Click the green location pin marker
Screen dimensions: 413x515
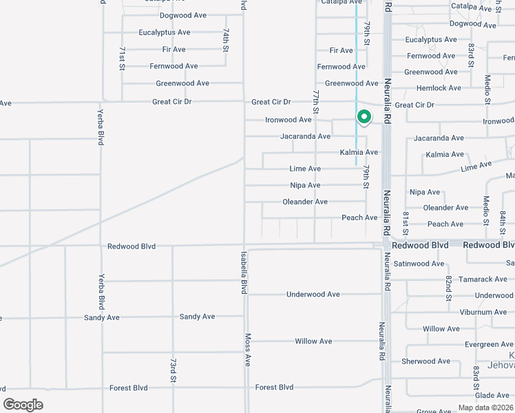click(x=364, y=118)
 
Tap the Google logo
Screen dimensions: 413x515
click(x=23, y=405)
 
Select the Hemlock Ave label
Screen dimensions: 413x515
click(x=439, y=88)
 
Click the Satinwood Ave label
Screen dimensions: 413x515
click(x=419, y=264)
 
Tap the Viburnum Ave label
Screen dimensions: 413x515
click(x=484, y=312)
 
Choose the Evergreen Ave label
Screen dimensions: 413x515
click(x=489, y=344)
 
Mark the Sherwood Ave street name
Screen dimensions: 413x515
click(x=425, y=361)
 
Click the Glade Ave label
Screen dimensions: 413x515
click(x=492, y=395)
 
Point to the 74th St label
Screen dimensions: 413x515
click(x=225, y=41)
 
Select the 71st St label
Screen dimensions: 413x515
click(x=122, y=59)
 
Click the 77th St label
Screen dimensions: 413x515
click(x=315, y=101)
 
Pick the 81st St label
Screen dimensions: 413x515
click(x=406, y=222)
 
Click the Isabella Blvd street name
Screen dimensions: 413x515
click(x=243, y=273)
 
